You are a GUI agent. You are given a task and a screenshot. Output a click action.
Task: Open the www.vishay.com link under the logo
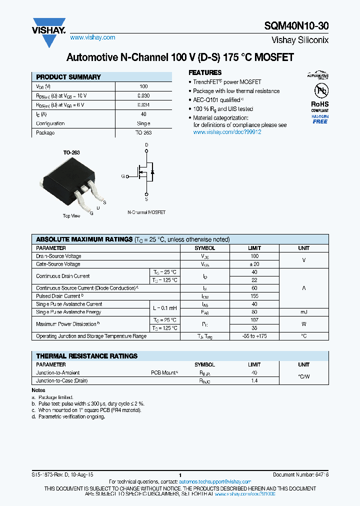[x=92, y=37]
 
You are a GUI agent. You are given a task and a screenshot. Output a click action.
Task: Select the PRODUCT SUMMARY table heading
[x=68, y=77]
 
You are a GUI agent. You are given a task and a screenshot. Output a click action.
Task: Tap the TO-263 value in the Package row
[x=143, y=133]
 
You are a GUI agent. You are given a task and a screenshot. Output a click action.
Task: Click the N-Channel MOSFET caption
[x=146, y=212]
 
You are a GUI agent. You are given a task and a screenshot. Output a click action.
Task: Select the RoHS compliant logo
[x=319, y=95]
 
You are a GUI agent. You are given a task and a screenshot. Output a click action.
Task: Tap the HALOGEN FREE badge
[x=320, y=119]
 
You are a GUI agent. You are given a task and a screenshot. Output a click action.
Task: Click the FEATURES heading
[x=205, y=72]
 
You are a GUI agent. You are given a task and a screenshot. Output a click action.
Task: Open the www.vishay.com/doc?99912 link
[x=227, y=132]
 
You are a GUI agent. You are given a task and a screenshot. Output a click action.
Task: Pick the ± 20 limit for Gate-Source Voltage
[x=254, y=264]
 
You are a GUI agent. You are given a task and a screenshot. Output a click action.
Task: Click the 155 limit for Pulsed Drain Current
[x=254, y=296]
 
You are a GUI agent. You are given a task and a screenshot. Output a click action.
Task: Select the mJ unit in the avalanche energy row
[x=303, y=312]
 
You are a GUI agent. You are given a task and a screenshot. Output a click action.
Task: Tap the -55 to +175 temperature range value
[x=254, y=336]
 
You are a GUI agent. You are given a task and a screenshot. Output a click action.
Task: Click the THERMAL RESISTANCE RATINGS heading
[x=86, y=356]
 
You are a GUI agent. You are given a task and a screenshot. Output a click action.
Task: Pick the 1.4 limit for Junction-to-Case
[x=254, y=380]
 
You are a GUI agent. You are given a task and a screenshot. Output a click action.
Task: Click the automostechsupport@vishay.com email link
[x=215, y=481]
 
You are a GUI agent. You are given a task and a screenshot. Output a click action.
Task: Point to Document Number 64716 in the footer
[x=300, y=474]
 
